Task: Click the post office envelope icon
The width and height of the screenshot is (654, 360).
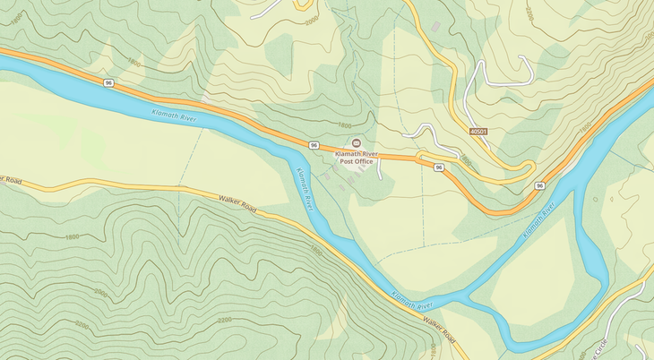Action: click(x=356, y=143)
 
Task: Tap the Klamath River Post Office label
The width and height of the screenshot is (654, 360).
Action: click(x=356, y=159)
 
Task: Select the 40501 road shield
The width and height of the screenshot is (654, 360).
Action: click(x=479, y=132)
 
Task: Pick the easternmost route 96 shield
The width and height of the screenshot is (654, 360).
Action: click(x=539, y=185)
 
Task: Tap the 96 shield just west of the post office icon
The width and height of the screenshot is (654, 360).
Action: click(x=314, y=144)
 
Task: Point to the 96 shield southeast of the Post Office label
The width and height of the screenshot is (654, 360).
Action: click(x=439, y=167)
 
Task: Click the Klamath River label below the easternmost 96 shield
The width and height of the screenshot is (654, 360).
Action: click(x=540, y=219)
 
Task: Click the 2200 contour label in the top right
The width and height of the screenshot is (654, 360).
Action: click(x=529, y=13)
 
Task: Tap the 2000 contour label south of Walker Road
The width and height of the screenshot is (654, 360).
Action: click(x=100, y=294)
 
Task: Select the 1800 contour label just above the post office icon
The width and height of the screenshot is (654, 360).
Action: click(x=344, y=126)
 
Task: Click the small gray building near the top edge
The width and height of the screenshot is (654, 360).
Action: click(x=436, y=27)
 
